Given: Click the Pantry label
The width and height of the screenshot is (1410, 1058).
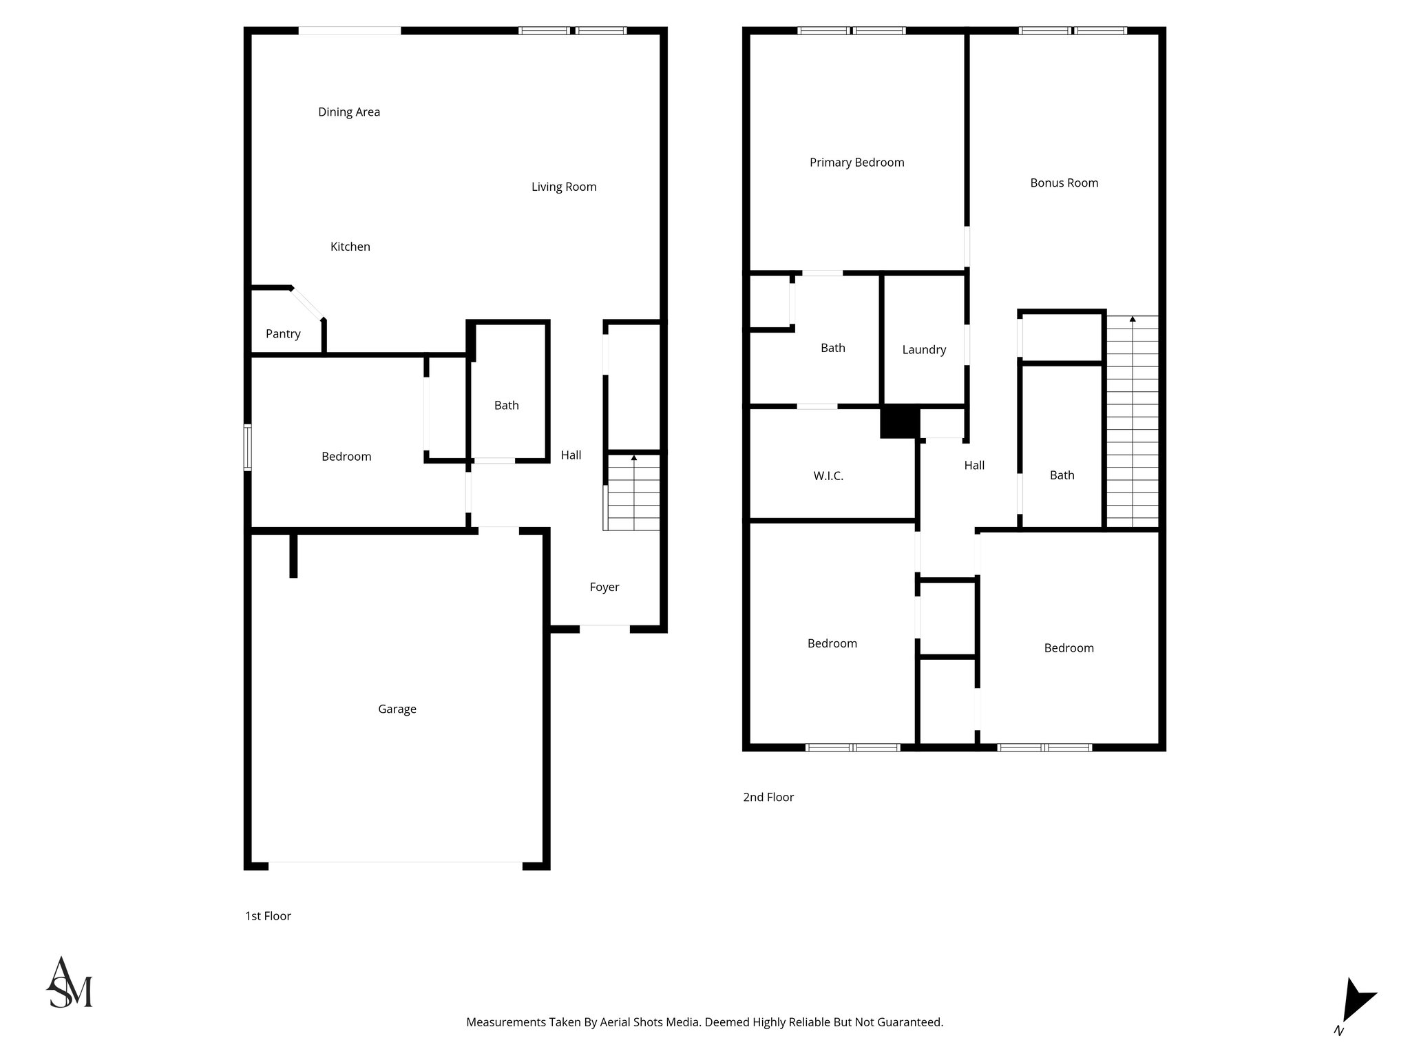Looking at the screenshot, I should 283,334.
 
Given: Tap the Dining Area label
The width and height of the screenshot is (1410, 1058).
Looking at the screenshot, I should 349,112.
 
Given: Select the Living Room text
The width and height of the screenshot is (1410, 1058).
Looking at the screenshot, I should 564,187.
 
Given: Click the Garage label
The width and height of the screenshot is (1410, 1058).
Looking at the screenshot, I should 397,709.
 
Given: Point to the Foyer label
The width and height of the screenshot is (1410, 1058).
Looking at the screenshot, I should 604,587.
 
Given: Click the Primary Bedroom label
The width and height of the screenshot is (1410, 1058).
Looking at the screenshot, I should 856,163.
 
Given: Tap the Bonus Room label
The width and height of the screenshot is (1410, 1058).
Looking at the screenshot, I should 1064,183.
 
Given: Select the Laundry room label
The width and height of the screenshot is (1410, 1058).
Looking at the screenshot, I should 924,350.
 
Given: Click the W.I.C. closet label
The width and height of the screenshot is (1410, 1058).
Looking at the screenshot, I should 828,476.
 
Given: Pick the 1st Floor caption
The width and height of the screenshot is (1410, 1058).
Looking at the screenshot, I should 268,916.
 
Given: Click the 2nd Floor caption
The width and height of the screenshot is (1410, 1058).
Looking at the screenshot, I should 768,797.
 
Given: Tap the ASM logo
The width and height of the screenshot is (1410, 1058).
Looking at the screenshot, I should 69,983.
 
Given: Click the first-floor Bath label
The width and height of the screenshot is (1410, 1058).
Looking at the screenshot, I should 506,406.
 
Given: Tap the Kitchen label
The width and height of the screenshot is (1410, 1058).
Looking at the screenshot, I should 350,247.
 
